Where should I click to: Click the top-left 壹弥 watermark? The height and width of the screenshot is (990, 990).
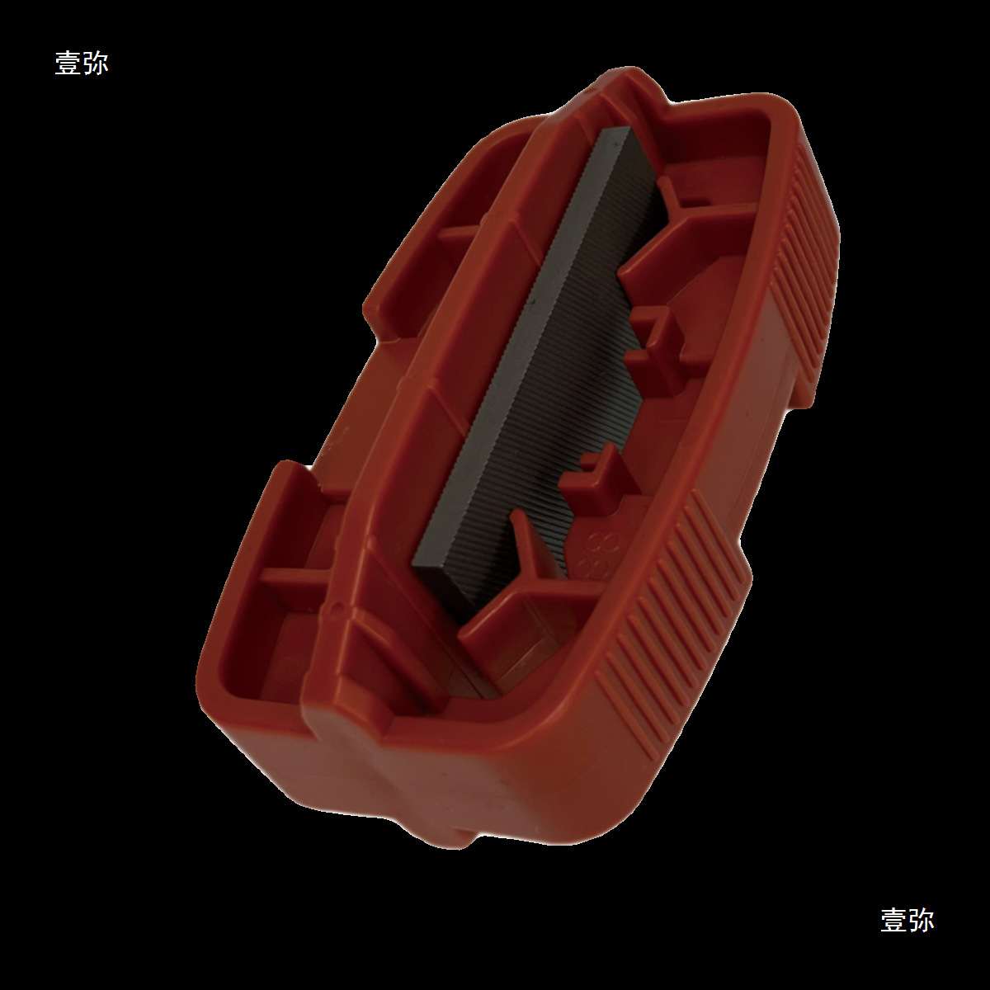[81, 64]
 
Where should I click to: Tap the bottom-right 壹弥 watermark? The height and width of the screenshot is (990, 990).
[907, 920]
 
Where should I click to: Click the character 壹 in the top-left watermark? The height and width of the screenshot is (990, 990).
[68, 64]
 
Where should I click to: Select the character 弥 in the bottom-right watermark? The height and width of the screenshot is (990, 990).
[922, 920]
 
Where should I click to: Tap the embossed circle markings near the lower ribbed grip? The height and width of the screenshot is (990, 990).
[598, 555]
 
